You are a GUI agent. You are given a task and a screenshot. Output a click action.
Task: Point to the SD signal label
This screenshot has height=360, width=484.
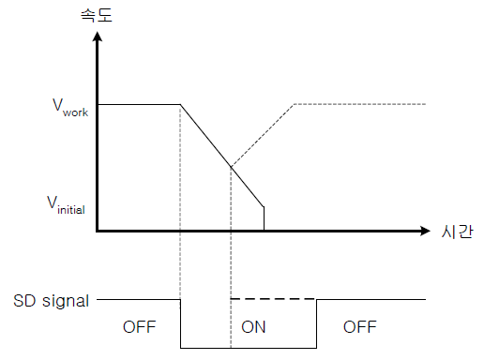pos(52,301)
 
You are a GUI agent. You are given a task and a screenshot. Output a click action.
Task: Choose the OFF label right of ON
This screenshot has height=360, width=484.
pos(359,327)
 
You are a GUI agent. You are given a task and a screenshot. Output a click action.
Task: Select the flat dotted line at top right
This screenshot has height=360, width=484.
pos(361,103)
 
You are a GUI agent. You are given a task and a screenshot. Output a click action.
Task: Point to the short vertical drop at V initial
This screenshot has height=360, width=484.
pos(264,217)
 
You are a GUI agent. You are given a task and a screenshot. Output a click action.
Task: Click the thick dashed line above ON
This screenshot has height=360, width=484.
pos(272,299)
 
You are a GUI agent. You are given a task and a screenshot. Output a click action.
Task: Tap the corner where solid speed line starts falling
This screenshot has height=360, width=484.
pos(179,104)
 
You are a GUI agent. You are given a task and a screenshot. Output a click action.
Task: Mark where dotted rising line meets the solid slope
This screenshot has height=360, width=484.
pos(231,166)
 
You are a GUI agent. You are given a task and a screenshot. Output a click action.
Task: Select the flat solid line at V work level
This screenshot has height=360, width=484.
pos(138,104)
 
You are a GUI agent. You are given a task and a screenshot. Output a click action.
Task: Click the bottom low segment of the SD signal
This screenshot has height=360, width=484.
pos(249,348)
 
